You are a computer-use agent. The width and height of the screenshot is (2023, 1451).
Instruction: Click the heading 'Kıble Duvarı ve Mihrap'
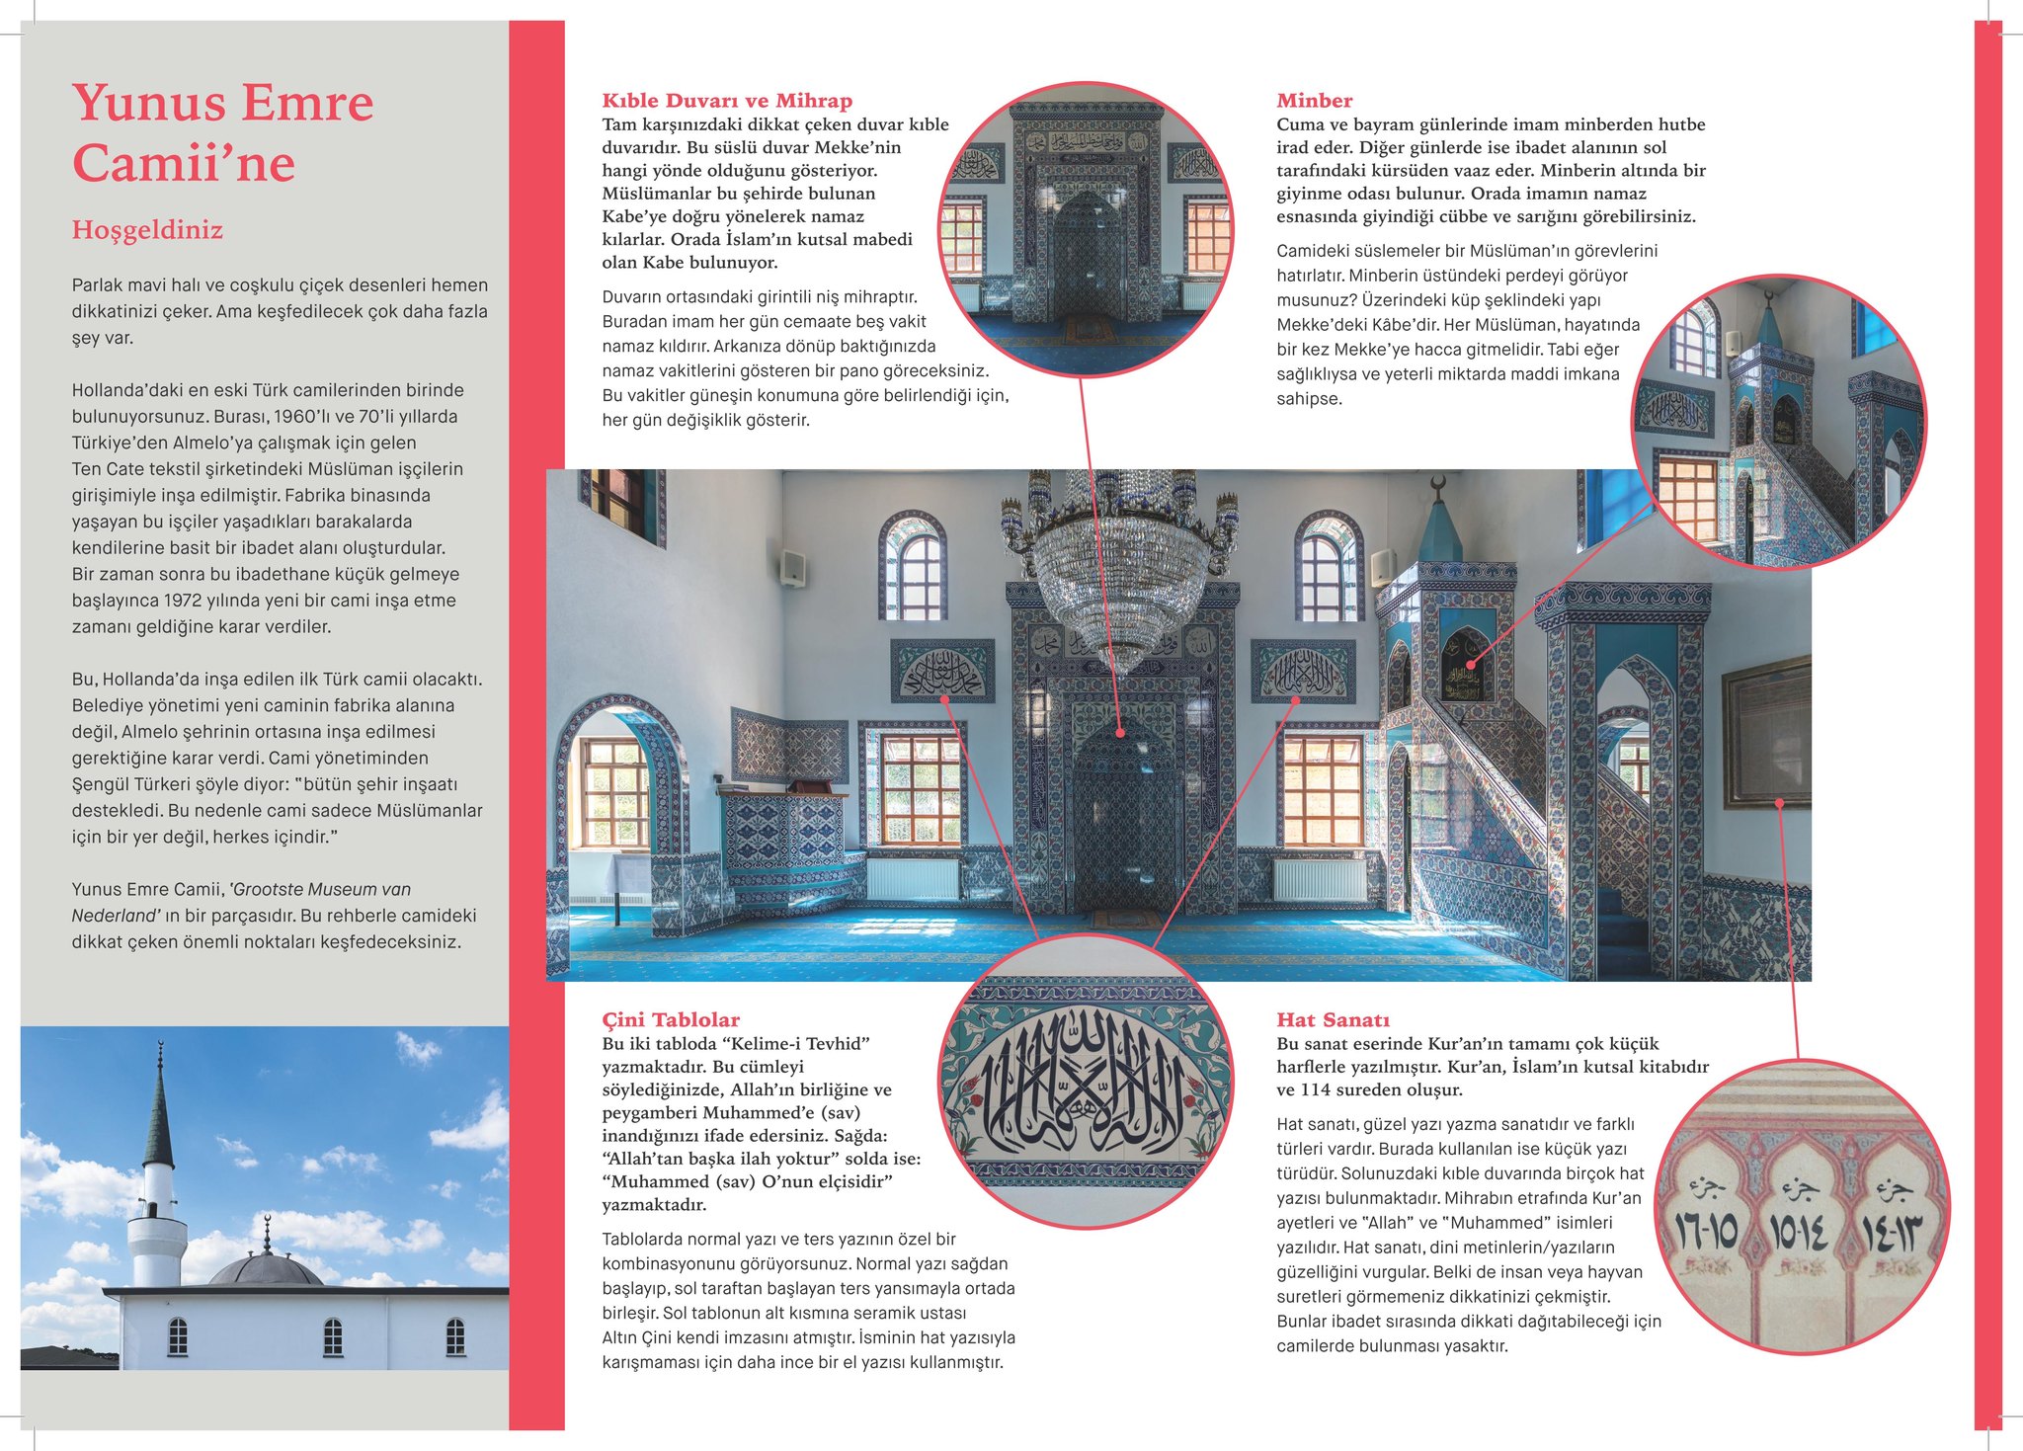(727, 101)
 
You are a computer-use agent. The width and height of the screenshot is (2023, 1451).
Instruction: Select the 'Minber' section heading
(1314, 101)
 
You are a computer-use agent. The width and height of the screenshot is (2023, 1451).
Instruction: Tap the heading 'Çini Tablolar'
(671, 1019)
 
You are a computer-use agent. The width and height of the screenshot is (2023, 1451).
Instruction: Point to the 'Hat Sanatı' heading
(1333, 1019)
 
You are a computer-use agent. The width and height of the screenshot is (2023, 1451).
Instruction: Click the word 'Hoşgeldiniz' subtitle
(147, 230)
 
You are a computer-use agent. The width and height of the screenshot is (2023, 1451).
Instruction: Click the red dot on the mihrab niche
(1120, 733)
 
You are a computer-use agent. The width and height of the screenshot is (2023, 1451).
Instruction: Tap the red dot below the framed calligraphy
(1779, 803)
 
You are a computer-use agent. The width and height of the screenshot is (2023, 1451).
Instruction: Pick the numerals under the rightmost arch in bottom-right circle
(1894, 1234)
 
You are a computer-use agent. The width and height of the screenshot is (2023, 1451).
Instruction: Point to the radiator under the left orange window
(912, 878)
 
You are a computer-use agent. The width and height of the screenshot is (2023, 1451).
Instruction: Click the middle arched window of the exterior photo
(333, 1337)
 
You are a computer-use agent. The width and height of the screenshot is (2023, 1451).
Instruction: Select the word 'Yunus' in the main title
(148, 103)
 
